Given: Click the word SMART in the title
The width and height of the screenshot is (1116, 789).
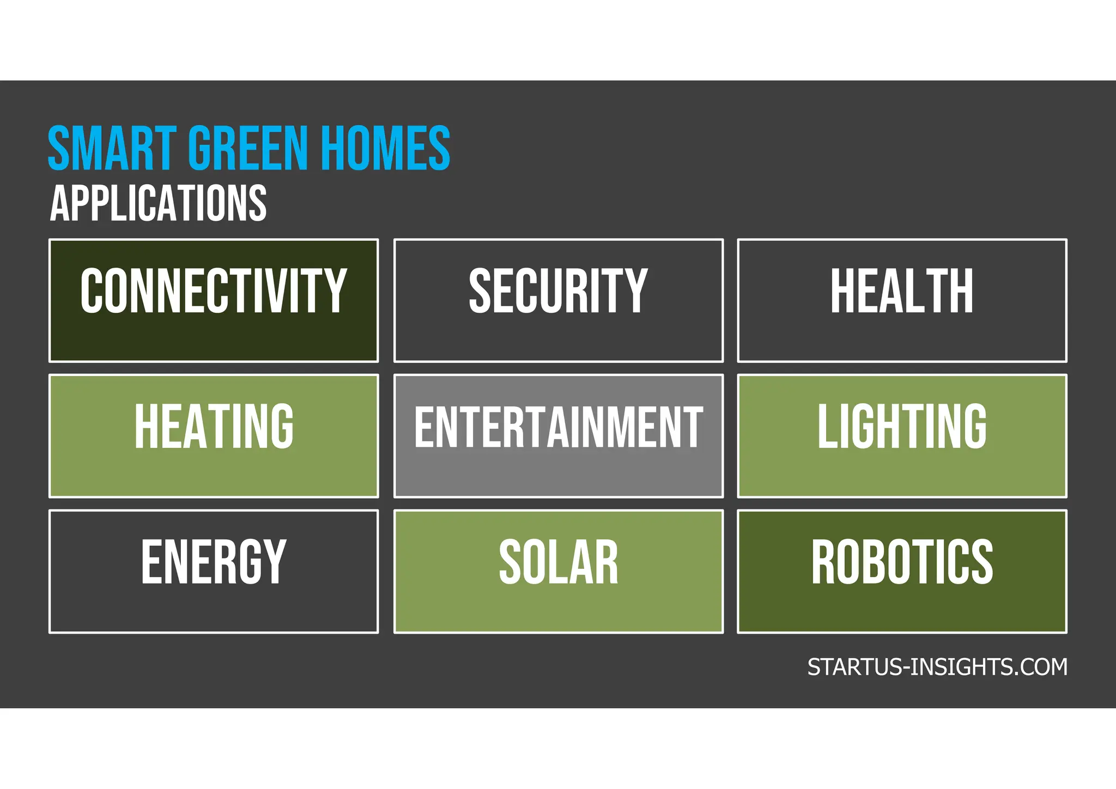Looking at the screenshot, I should tap(112, 148).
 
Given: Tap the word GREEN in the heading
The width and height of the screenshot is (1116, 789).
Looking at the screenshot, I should tap(248, 148).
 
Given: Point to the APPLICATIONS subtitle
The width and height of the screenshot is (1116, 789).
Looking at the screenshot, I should tap(159, 203).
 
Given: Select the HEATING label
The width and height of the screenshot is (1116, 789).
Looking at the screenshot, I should tap(214, 426).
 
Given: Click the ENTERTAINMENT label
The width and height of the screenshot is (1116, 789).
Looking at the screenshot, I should tap(559, 427).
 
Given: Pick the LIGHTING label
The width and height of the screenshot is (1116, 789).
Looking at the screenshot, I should tap(902, 426).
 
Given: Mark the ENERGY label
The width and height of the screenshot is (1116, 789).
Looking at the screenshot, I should tap(214, 561).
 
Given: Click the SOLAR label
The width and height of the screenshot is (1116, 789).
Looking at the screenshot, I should tap(559, 561).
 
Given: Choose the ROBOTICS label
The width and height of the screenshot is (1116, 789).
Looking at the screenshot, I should tap(902, 561).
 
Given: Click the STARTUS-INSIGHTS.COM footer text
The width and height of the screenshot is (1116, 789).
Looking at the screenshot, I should tap(937, 667).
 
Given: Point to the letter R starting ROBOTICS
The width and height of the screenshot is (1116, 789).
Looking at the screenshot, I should tap(824, 561).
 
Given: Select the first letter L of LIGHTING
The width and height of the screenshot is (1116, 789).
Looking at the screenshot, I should tap(828, 426).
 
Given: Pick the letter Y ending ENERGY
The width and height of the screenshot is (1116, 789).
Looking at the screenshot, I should tap(274, 561).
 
